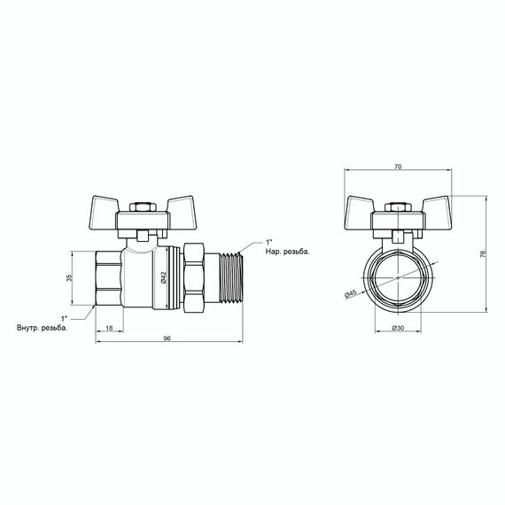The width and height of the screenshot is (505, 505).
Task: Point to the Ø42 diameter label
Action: (165, 277)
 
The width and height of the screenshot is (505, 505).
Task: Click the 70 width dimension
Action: (397, 166)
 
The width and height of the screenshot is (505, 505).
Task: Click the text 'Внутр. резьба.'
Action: (42, 327)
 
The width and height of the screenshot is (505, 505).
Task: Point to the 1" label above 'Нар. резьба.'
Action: (269, 241)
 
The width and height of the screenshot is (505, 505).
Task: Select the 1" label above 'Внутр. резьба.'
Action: (63, 317)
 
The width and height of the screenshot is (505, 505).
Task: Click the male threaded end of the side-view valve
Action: (229, 277)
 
